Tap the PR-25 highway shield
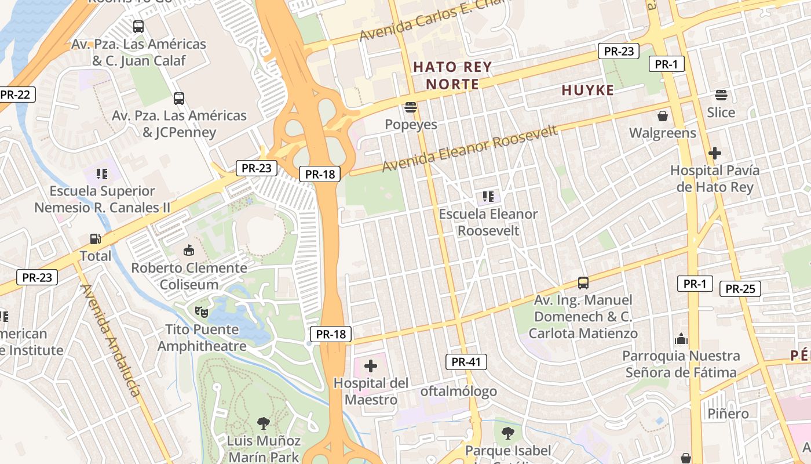740,288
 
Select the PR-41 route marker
466,362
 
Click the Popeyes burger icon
411,107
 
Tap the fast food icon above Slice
721,95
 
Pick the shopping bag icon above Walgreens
663,116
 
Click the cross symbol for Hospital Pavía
715,153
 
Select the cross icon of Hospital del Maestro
371,366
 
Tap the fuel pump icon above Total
95,238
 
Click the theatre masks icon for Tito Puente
202,312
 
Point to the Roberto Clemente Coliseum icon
189,251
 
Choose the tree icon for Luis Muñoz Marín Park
264,423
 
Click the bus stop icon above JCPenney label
179,99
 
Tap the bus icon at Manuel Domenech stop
583,283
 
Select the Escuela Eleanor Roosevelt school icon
488,197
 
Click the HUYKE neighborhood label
587,90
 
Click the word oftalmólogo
458,391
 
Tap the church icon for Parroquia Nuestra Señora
681,338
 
